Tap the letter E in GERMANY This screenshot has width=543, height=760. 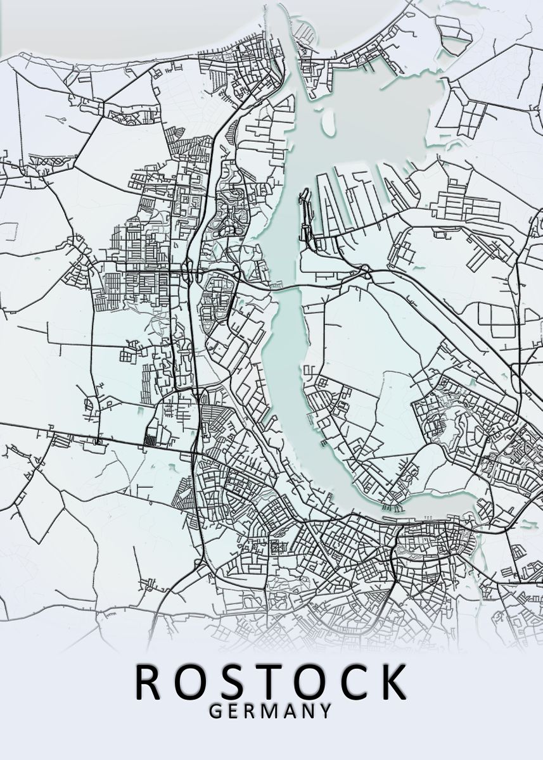pos(233,711)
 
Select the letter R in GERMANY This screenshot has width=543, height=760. pos(250,711)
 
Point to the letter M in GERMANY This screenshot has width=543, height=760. pos(270,711)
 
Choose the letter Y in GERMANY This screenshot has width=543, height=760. pos(326,711)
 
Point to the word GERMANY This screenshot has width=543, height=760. pos(271,711)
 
